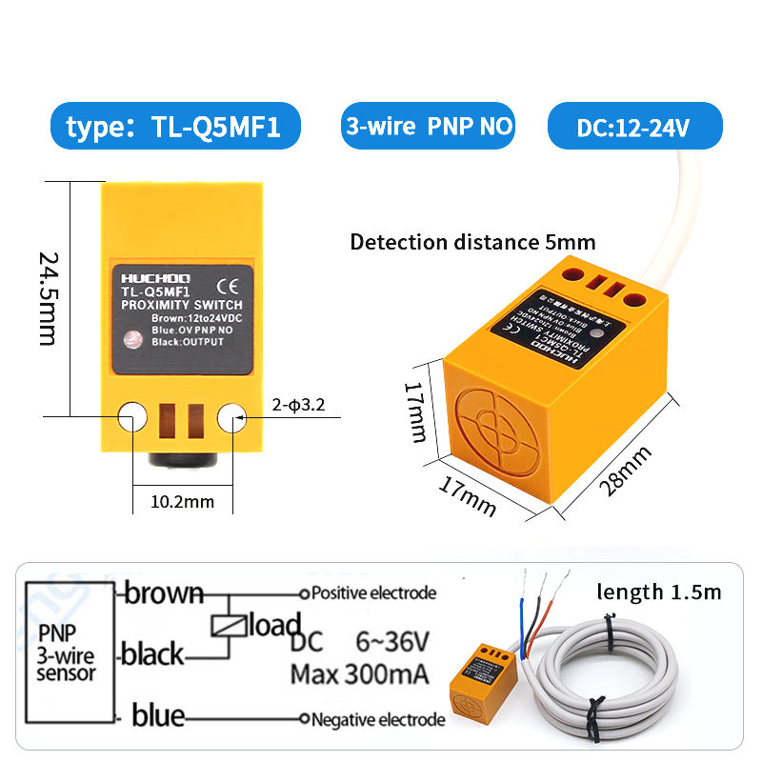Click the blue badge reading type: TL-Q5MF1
(173, 127)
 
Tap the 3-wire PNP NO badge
(429, 126)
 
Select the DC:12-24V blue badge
(633, 127)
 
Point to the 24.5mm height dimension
(48, 297)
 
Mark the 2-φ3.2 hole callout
(296, 405)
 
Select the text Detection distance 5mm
(472, 242)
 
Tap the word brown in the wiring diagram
(164, 593)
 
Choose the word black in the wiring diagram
(152, 654)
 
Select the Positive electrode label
(374, 592)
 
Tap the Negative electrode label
(378, 719)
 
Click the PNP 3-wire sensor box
(66, 653)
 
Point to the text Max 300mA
(359, 674)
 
